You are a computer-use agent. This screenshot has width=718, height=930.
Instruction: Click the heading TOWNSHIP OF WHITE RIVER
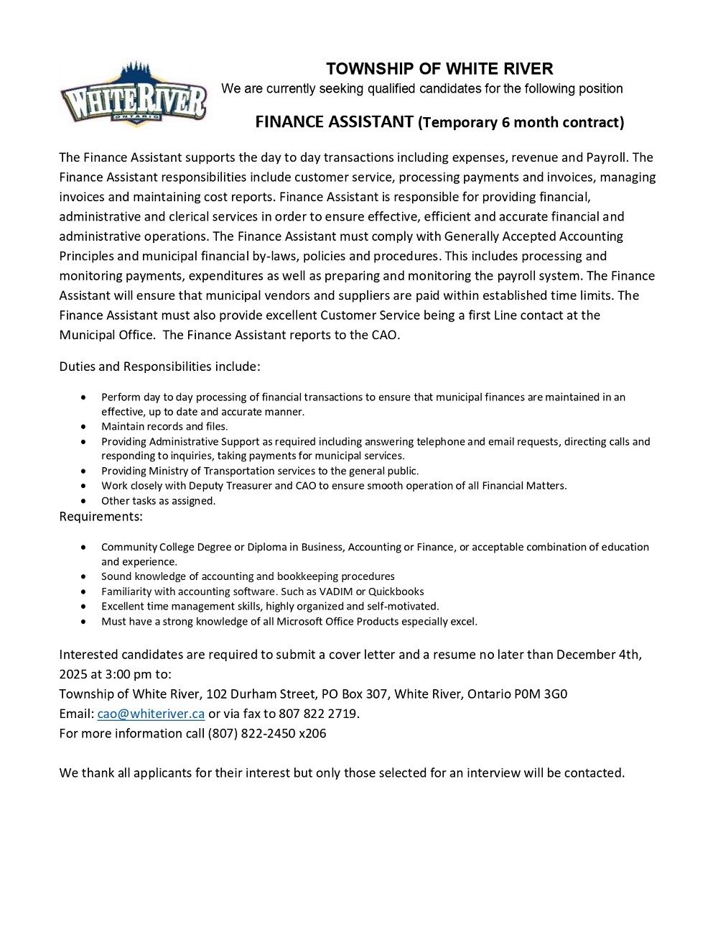[439, 69]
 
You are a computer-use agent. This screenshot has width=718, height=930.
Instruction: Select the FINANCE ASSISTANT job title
[334, 121]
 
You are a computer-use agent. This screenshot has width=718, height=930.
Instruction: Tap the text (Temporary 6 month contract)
[521, 122]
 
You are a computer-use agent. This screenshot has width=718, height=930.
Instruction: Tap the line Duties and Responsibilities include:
[159, 367]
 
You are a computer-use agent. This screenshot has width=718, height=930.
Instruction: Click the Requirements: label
[101, 516]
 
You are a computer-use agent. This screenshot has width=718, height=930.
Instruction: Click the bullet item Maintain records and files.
[164, 426]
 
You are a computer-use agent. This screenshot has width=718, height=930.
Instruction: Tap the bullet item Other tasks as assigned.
[158, 501]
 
